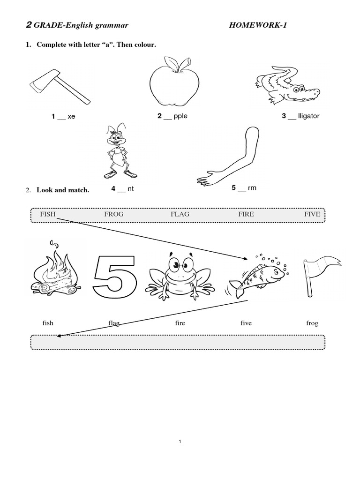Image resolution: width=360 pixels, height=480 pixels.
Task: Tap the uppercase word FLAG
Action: click(x=180, y=214)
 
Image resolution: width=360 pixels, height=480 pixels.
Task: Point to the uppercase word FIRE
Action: click(x=246, y=214)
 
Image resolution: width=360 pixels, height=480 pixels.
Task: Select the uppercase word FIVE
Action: click(x=312, y=214)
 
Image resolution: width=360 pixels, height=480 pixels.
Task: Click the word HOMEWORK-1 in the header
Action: click(x=256, y=25)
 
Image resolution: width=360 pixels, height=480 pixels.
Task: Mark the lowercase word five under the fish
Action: click(x=246, y=323)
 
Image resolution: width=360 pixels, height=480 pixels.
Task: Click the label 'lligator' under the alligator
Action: click(x=308, y=116)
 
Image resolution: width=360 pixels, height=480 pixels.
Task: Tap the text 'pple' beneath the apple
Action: click(x=180, y=116)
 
